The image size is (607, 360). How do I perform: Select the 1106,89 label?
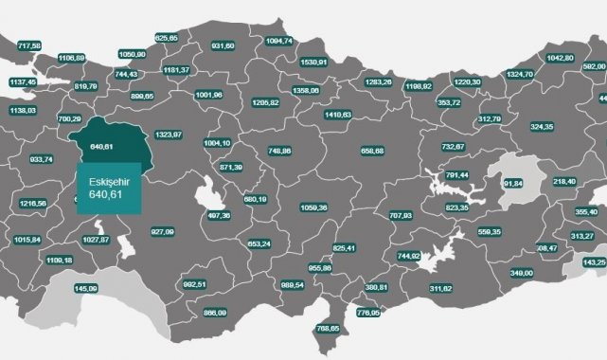coord(72,59)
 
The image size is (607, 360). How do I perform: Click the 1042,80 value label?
coord(561,58)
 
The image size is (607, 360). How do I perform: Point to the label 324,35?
coord(543,125)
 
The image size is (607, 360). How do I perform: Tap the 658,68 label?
coord(373,151)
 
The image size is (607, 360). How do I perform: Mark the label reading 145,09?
coord(85,288)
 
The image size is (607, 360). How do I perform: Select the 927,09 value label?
coord(164,231)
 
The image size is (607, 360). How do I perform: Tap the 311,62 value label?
coord(441,288)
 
